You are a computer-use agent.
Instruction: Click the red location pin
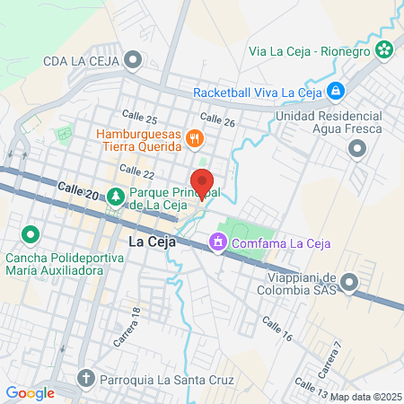[x=202, y=182]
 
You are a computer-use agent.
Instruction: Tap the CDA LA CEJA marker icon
[x=134, y=61]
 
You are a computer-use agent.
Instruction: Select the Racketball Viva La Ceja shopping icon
[x=334, y=90]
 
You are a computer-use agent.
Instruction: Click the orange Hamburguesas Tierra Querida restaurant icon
[x=194, y=138]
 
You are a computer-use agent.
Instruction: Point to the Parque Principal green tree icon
[x=115, y=196]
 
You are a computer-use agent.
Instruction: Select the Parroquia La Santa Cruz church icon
[x=85, y=379]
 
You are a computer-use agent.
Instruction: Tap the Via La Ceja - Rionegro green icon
[x=384, y=49]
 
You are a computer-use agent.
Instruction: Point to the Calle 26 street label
[x=217, y=119]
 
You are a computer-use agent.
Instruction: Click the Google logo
[x=30, y=392]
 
